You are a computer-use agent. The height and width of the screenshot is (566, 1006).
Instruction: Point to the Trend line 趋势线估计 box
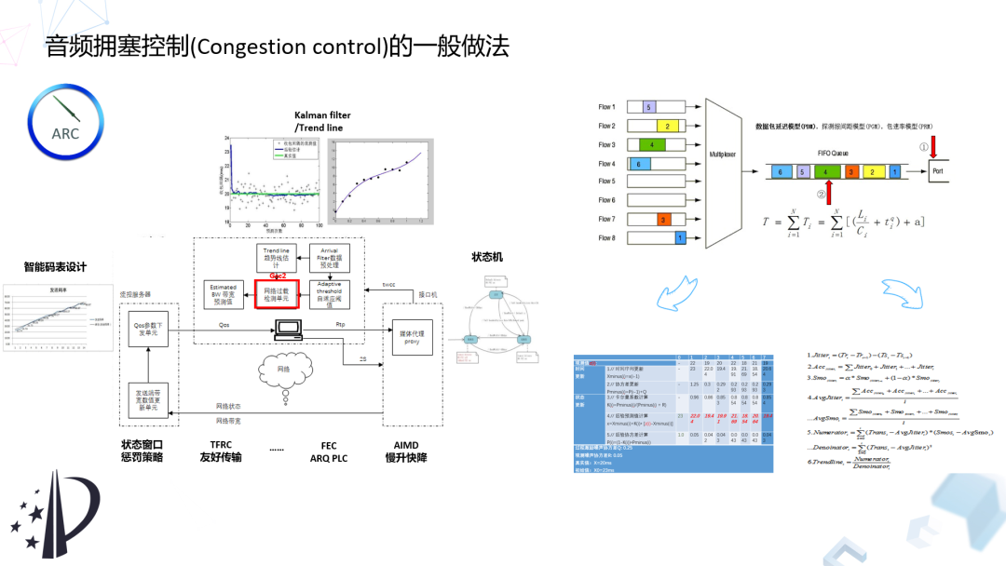pyautogui.click(x=277, y=257)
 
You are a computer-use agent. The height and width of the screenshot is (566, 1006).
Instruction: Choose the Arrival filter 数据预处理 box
pyautogui.click(x=330, y=257)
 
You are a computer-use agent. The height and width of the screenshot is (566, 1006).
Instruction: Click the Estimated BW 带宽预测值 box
pyautogui.click(x=223, y=294)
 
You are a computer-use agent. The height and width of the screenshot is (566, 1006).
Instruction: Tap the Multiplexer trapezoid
pyautogui.click(x=724, y=173)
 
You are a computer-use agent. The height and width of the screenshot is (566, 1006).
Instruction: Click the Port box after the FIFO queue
pyautogui.click(x=943, y=171)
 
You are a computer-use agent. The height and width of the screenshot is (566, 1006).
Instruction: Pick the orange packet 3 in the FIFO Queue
pyautogui.click(x=850, y=172)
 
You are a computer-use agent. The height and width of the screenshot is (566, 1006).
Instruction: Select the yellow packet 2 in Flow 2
pyautogui.click(x=668, y=126)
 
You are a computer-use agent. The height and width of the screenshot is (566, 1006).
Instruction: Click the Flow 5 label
pyautogui.click(x=606, y=182)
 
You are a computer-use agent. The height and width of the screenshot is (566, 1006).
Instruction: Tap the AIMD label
pyautogui.click(x=405, y=444)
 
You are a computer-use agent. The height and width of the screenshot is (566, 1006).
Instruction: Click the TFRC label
pyautogui.click(x=221, y=444)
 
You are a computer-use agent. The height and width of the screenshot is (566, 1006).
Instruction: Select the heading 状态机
pyautogui.click(x=487, y=257)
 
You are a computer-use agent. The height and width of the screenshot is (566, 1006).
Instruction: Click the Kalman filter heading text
pyautogui.click(x=322, y=115)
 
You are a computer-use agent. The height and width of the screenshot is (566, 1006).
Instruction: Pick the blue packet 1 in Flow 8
pyautogui.click(x=680, y=238)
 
